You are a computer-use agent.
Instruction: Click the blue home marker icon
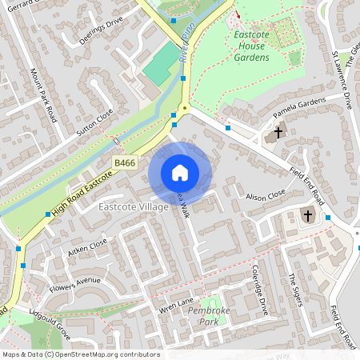click(180, 172)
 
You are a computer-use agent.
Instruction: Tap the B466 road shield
click(124, 162)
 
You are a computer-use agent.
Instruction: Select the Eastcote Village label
click(133, 207)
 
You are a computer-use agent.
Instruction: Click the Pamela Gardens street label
click(300, 107)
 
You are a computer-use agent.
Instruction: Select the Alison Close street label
click(266, 195)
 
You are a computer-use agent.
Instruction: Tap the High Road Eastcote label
click(81, 193)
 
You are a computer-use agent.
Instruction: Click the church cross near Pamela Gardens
click(279, 132)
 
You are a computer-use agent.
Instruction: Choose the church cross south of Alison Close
click(308, 215)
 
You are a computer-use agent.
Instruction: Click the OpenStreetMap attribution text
click(81, 354)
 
